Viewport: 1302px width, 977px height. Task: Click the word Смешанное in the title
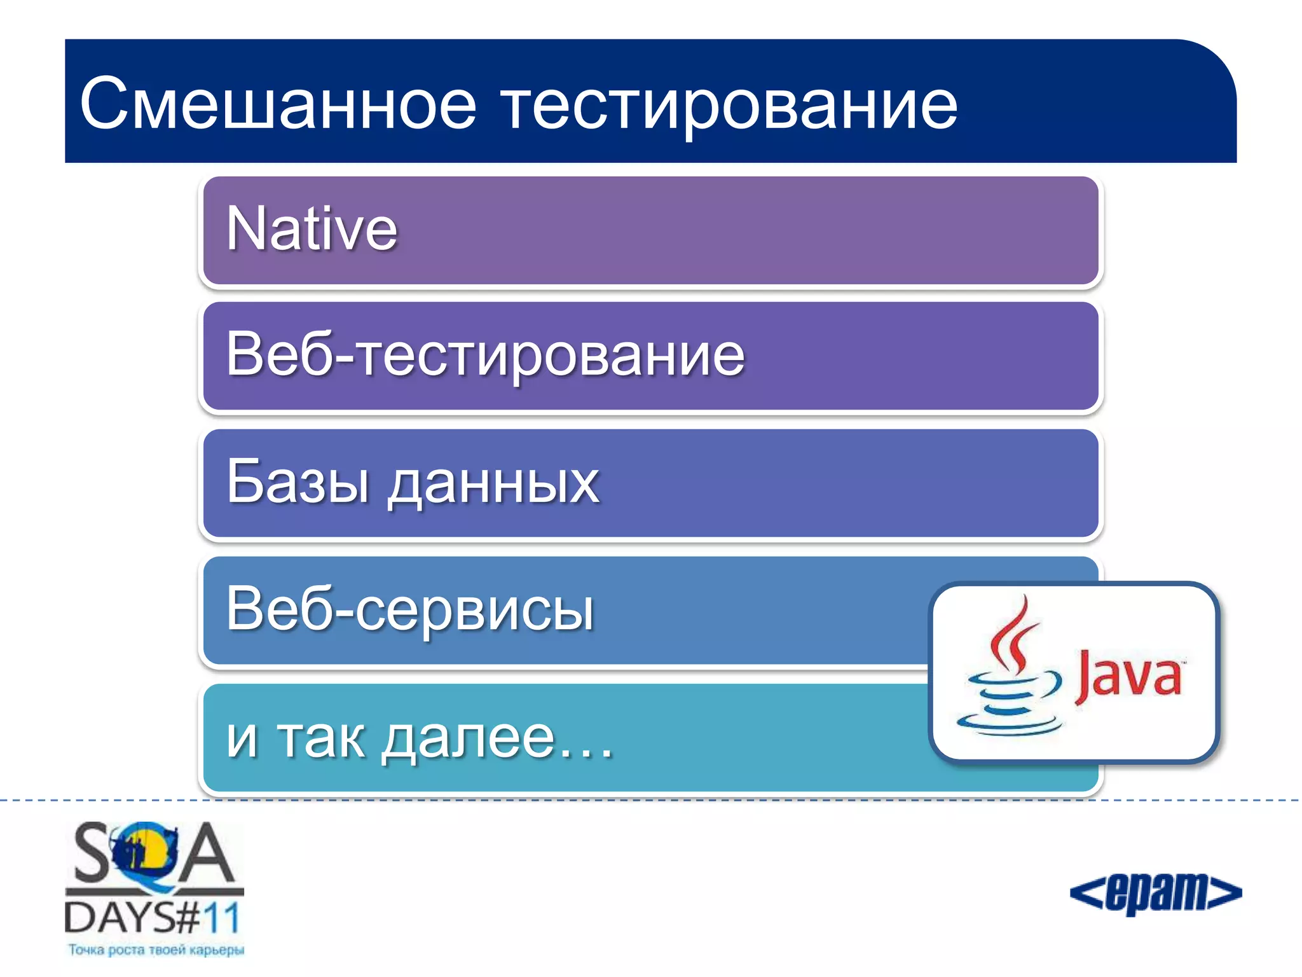[x=278, y=103]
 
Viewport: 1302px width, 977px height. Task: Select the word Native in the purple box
[x=312, y=229]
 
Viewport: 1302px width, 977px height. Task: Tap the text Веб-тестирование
[x=485, y=355]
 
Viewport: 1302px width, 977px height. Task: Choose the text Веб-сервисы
[x=410, y=609]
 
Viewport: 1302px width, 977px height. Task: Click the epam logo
[x=1155, y=892]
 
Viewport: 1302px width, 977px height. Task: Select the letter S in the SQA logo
[x=92, y=852]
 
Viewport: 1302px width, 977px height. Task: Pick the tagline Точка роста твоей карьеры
[x=156, y=950]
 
